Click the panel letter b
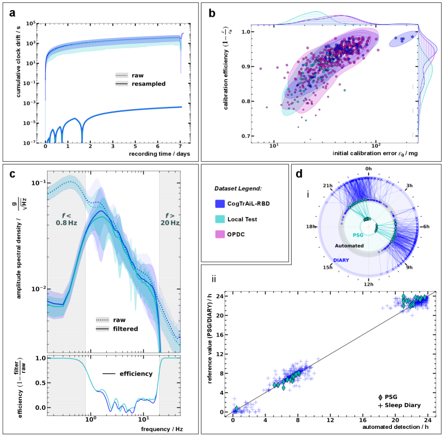212,13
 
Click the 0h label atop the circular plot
368,168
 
